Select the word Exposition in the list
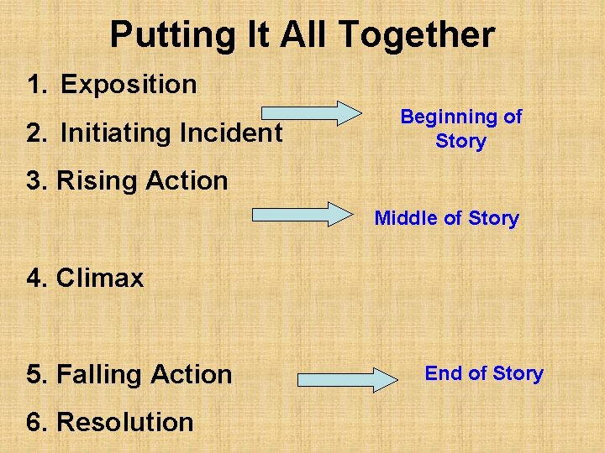click(x=129, y=85)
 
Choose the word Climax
click(x=100, y=278)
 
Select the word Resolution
click(x=124, y=422)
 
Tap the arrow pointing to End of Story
click(x=348, y=379)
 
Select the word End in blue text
click(x=442, y=373)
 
